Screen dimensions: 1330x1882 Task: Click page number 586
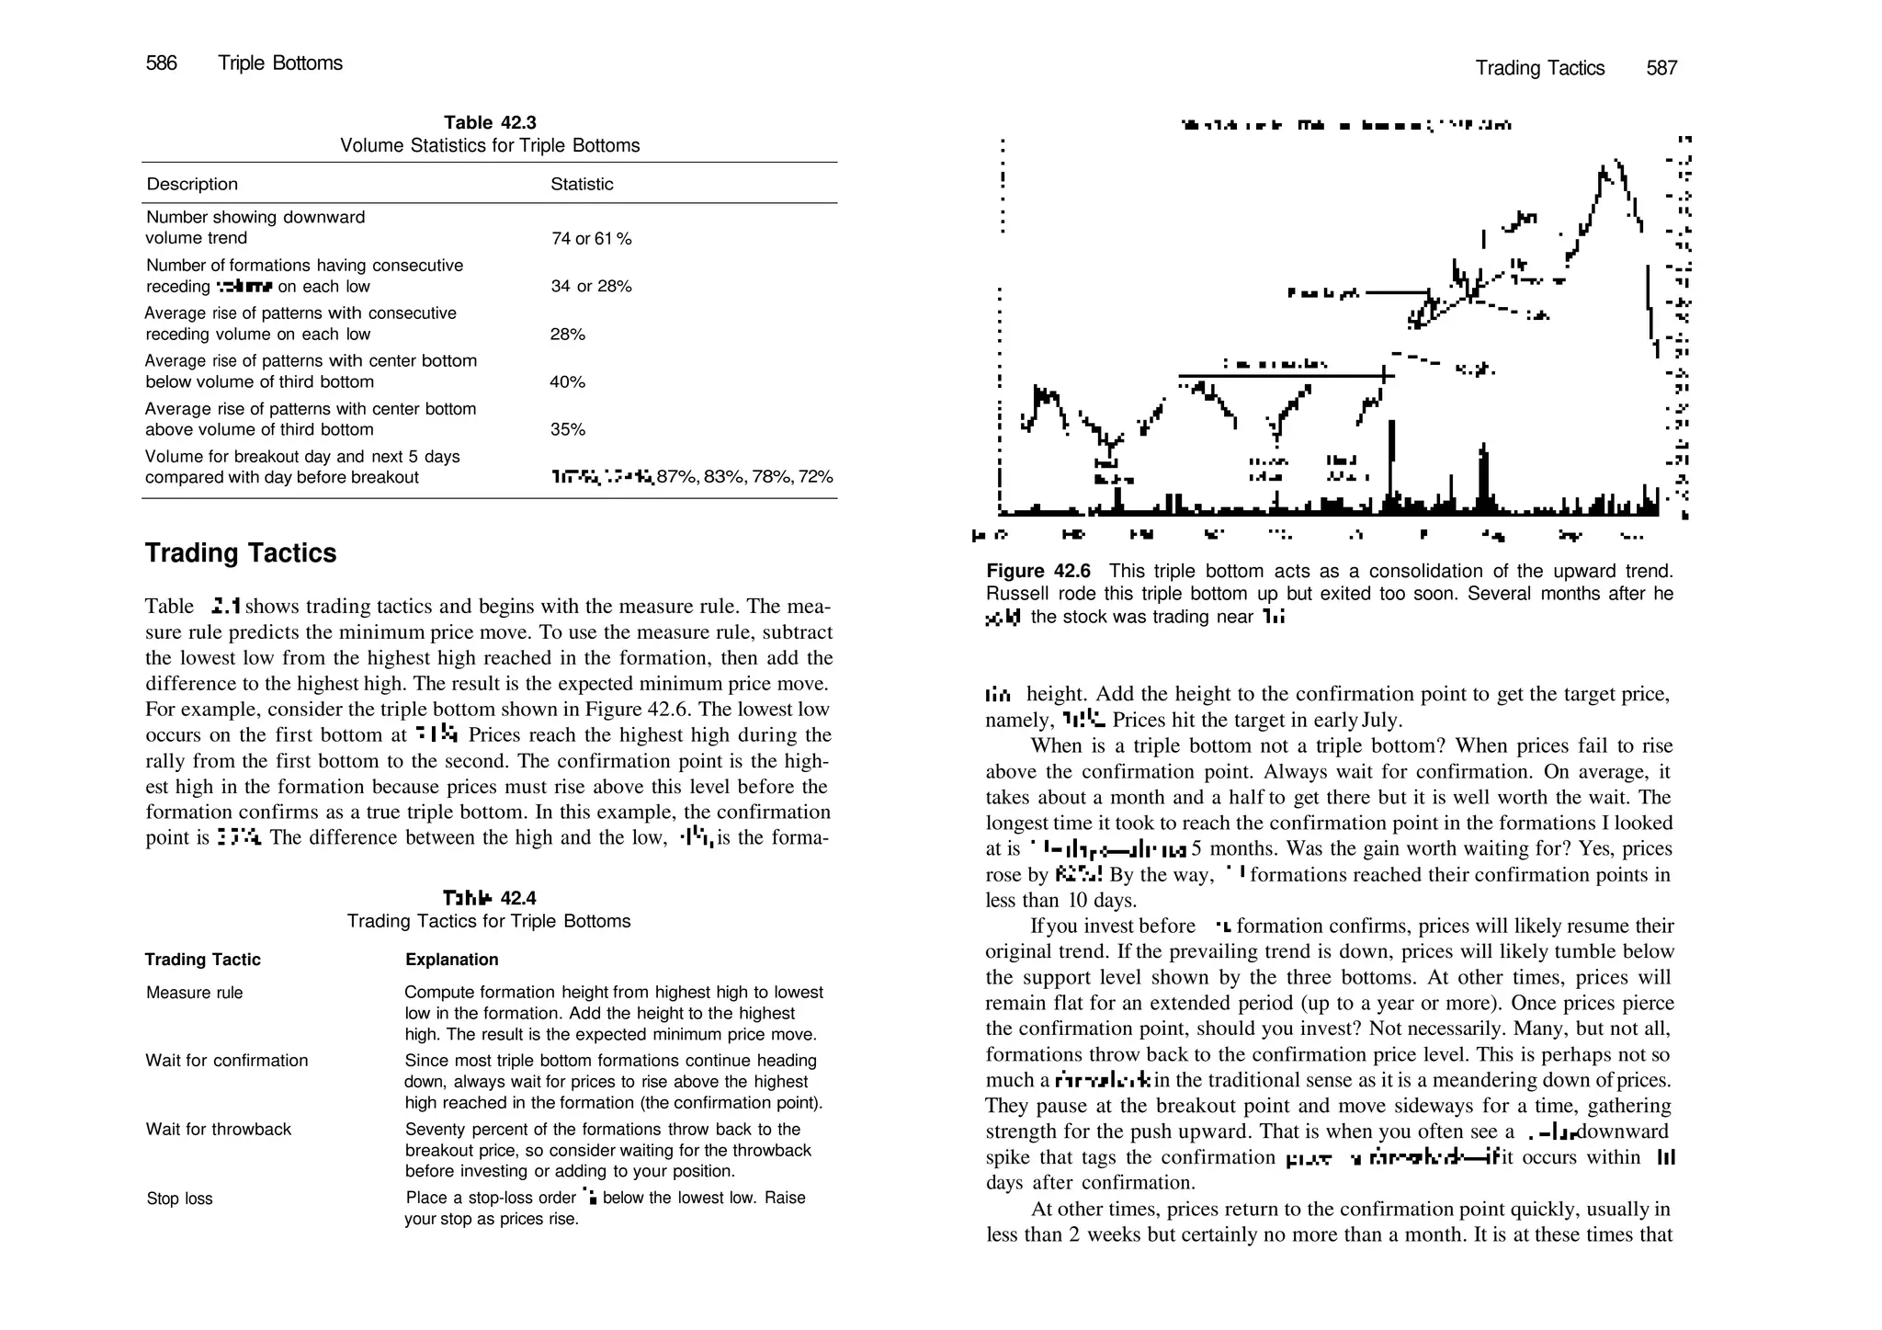[161, 63]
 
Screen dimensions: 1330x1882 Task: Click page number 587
[1661, 68]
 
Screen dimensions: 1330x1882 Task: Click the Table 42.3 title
[490, 123]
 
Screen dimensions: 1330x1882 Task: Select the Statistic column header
[582, 184]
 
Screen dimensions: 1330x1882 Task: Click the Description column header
[192, 184]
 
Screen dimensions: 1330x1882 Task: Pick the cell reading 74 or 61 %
[591, 239]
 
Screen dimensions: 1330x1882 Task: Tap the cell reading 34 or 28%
[591, 287]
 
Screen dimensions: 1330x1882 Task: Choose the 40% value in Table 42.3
[568, 382]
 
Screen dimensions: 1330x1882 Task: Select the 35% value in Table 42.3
[568, 430]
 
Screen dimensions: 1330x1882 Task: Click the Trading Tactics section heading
[241, 553]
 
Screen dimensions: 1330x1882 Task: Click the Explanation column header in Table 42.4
[451, 960]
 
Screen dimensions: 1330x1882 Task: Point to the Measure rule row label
[195, 993]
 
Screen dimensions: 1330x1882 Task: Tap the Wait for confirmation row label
[227, 1061]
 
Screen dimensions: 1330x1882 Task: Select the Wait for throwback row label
[219, 1130]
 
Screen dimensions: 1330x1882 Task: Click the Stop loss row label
[180, 1199]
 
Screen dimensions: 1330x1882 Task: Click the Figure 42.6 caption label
[1038, 572]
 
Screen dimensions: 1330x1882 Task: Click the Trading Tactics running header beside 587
[1539, 68]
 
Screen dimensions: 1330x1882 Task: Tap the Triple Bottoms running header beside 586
[280, 63]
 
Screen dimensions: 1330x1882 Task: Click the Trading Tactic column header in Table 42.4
[203, 960]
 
